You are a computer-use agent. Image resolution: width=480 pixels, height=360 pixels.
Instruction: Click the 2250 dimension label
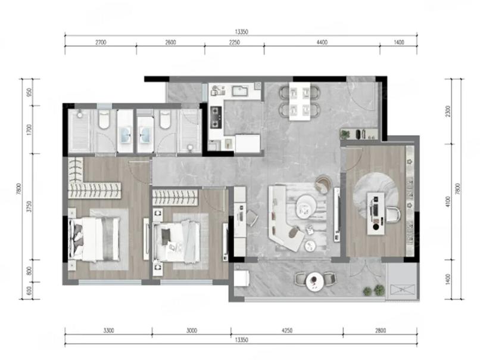point(234,42)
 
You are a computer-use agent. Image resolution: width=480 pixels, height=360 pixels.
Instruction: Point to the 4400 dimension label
point(322,42)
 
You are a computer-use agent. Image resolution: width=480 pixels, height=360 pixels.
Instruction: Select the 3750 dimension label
point(29,206)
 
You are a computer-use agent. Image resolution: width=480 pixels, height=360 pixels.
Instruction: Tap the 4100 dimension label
point(448,201)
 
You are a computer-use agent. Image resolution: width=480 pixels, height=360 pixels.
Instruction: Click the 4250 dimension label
point(287,331)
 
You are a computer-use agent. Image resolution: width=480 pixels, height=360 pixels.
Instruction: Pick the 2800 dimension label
point(380,331)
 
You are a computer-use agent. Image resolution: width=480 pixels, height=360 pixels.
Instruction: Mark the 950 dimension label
point(29,92)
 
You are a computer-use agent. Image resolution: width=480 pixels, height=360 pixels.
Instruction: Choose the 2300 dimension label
point(448,111)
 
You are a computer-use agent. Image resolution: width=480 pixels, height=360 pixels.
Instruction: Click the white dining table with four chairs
point(300,101)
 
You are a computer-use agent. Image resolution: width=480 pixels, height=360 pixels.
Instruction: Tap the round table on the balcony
point(315,281)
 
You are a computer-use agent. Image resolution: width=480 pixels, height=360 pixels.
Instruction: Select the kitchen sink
point(240,91)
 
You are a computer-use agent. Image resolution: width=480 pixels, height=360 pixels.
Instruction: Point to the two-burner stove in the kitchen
point(216,116)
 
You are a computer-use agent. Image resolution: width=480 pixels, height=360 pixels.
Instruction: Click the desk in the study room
point(376,213)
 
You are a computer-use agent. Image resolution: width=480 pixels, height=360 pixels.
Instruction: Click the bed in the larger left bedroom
point(95,239)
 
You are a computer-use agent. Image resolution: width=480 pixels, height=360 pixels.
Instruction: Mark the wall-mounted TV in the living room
point(337,215)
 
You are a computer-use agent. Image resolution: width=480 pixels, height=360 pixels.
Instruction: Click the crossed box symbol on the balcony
point(403,291)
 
